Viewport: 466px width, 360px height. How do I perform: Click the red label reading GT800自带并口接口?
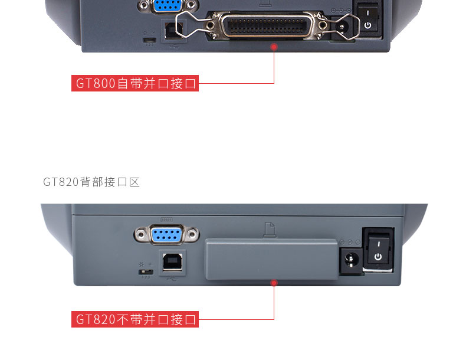pos(135,83)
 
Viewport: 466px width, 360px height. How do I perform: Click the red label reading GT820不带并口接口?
pos(135,319)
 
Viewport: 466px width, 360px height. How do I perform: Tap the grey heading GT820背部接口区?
pos(91,182)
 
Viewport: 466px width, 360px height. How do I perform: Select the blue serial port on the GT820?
pos(167,235)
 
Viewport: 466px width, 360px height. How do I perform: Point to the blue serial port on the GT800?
pos(168,5)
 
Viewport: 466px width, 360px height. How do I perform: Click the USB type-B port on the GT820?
pos(173,263)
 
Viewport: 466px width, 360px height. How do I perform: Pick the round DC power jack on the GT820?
pos(352,260)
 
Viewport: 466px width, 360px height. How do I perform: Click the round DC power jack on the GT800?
pos(342,28)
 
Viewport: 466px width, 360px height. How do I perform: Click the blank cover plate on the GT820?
pos(271,259)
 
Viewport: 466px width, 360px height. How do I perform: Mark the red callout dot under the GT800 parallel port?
pos(274,47)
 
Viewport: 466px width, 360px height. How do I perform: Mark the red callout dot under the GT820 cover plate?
pos(274,283)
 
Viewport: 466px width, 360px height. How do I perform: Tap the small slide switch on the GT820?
pos(146,272)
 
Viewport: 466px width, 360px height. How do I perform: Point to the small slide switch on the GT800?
pos(149,40)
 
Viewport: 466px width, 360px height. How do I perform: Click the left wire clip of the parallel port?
pos(192,25)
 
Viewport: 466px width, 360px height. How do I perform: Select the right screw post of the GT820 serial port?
pos(192,235)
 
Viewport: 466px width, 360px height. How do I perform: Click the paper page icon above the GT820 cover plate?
pos(270,230)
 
